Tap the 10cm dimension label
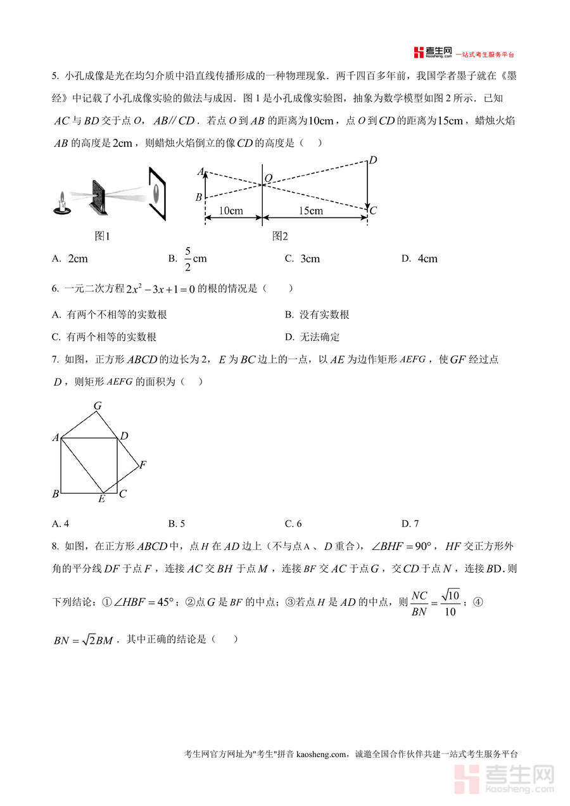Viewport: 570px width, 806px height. [x=231, y=211]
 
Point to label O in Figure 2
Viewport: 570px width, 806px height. [x=269, y=179]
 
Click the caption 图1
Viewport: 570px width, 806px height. [x=102, y=236]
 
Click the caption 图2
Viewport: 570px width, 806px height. [x=279, y=236]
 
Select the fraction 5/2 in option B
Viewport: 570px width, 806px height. [x=187, y=259]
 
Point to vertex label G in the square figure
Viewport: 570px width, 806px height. [x=98, y=406]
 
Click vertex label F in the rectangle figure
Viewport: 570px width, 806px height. [x=143, y=465]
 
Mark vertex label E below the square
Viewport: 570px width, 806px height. [x=101, y=499]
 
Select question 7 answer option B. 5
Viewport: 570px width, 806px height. [x=176, y=523]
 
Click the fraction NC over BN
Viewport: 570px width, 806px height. [x=419, y=603]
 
